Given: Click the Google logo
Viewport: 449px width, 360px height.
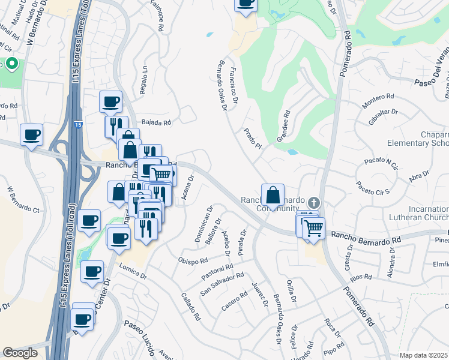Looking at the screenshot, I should click(20, 353).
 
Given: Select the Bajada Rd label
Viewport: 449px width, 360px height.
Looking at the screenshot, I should click(157, 122).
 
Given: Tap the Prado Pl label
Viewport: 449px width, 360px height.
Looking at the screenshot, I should click(253, 137).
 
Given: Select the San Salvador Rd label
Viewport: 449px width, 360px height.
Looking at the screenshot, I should click(222, 283).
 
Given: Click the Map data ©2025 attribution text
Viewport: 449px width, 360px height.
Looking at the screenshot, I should click(423, 355).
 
